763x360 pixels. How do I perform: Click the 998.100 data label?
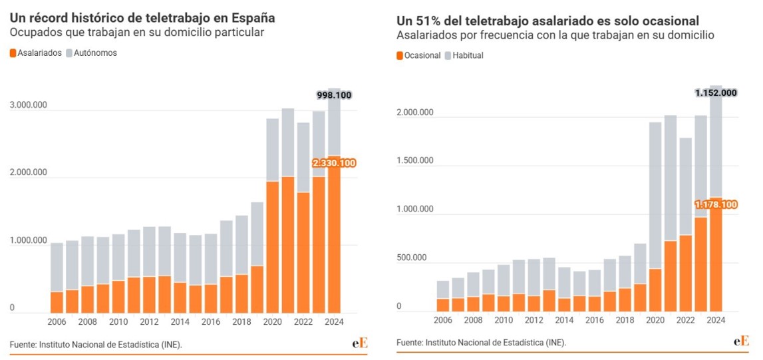(333, 95)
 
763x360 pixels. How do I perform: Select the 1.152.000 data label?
(716, 92)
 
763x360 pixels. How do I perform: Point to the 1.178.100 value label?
(716, 204)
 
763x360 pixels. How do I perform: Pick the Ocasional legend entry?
(418, 55)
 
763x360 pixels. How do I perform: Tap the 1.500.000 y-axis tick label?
(415, 160)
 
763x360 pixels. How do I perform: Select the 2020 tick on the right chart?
(655, 320)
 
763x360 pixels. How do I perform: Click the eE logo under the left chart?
(360, 343)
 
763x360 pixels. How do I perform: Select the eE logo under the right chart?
(742, 341)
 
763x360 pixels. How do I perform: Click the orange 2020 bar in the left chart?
(273, 246)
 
